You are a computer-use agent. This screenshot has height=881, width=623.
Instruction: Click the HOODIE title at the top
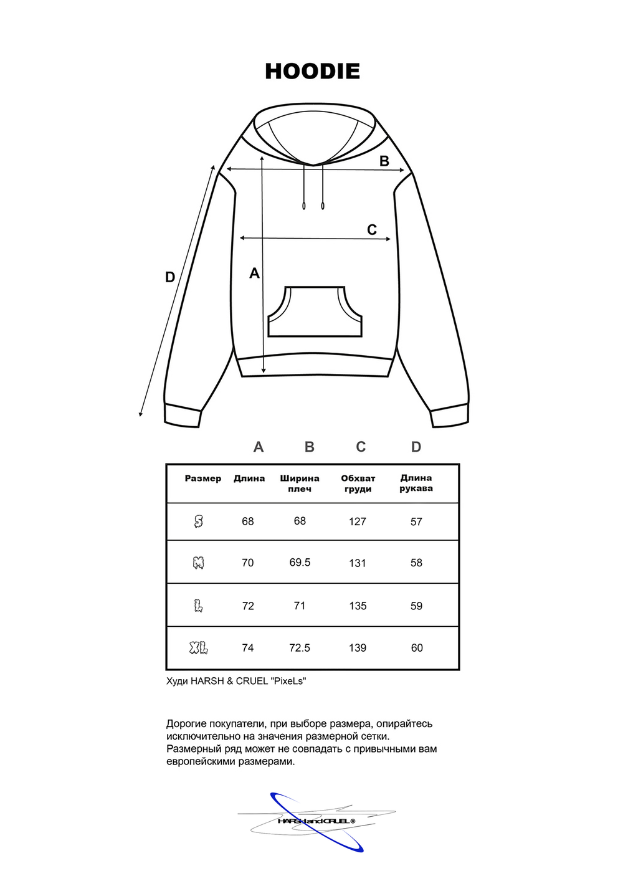click(312, 71)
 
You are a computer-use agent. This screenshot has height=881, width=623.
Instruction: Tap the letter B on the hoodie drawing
click(384, 161)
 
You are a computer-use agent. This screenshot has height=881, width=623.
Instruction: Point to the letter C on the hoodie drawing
click(372, 230)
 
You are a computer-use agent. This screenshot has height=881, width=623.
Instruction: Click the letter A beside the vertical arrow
click(254, 273)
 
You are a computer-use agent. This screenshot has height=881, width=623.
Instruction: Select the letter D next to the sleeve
click(170, 277)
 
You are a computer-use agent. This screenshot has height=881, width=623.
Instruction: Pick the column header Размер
click(203, 479)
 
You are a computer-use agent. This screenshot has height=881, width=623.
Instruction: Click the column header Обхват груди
click(358, 483)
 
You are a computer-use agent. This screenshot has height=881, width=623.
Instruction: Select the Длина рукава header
click(416, 483)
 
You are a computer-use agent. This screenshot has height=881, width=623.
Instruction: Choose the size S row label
click(199, 521)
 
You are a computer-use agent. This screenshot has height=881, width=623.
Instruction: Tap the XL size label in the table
click(199, 648)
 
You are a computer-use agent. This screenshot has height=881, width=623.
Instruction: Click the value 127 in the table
click(358, 521)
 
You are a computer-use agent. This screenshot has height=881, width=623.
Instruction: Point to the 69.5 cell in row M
click(300, 562)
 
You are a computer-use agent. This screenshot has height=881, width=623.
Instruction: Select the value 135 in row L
click(358, 606)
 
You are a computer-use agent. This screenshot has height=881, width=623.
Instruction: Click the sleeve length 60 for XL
click(417, 648)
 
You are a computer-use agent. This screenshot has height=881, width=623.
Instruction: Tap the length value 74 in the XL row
click(248, 648)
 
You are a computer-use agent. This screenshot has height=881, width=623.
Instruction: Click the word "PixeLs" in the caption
click(288, 681)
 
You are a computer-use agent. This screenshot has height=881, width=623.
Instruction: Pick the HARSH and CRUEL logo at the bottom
click(316, 821)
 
